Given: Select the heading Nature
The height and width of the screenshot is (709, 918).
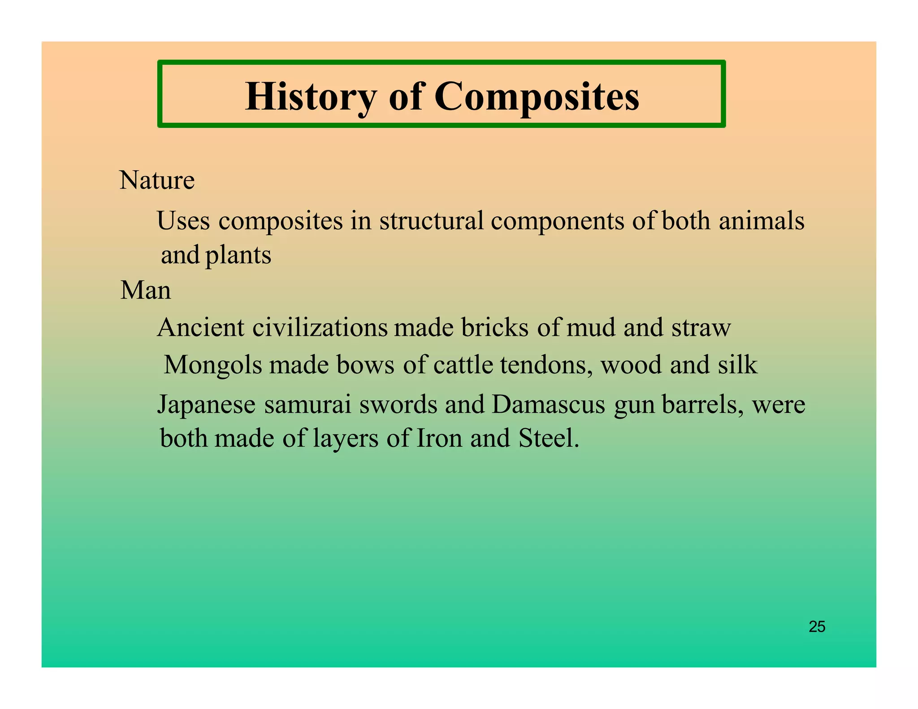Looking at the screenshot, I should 157,180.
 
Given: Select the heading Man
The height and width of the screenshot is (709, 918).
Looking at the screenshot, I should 146,290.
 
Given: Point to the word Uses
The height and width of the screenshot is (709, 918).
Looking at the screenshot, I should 183,220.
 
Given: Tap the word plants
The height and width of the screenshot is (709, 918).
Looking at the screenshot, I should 238,255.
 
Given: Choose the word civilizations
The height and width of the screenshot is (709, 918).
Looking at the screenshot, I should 320,328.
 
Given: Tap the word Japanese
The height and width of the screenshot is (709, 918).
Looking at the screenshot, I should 206,405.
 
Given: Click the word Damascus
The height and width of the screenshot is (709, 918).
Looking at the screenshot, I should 548,405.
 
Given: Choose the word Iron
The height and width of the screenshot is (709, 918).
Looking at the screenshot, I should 439,438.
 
